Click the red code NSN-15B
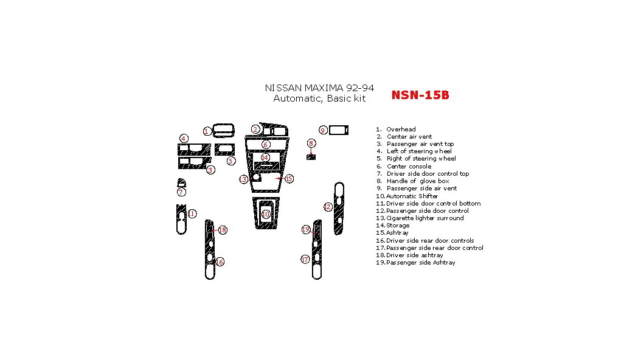420,95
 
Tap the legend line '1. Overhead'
396,129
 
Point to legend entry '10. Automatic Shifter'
407,196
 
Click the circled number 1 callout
207,131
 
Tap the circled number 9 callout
324,130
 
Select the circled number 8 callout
311,144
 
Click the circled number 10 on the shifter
266,214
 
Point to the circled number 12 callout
328,207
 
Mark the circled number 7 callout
181,192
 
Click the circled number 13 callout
243,179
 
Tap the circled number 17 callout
305,260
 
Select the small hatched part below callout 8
311,157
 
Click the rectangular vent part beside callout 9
339,130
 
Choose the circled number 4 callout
184,138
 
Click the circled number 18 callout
223,230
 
